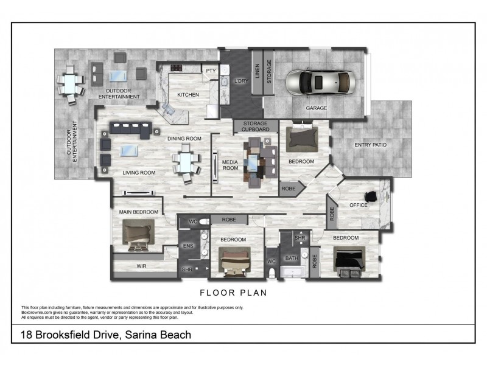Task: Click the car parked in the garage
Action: click(320, 82)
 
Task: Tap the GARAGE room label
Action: click(316, 108)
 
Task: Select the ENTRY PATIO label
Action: click(371, 144)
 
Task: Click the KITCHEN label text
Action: click(188, 95)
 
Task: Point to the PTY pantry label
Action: click(211, 71)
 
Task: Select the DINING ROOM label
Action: click(184, 139)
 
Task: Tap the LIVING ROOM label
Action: click(139, 173)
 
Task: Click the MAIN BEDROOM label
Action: click(138, 212)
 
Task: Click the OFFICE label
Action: click(358, 205)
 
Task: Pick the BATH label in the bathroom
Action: click(292, 258)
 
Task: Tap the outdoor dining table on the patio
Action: click(71, 82)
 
